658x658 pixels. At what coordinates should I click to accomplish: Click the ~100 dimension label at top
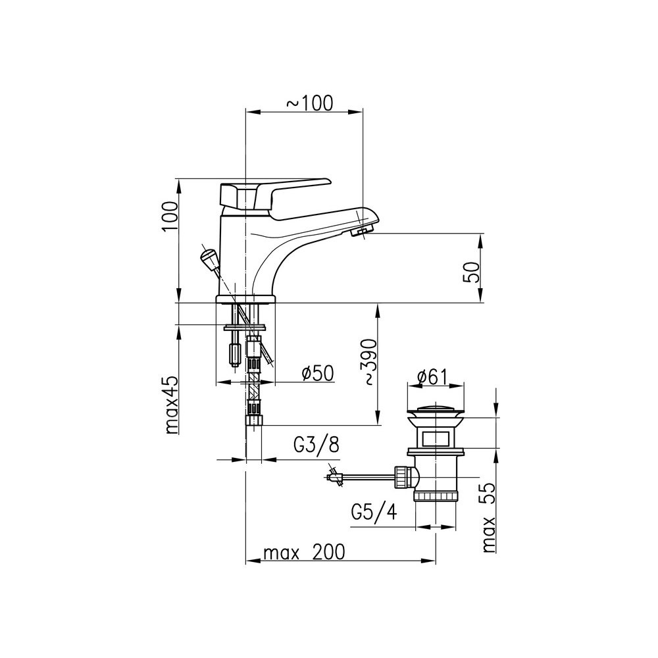click(x=310, y=103)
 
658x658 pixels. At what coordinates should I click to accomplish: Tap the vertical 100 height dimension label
click(x=170, y=216)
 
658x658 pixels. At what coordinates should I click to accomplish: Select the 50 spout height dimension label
click(x=471, y=272)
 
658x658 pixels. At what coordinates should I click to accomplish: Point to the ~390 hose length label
click(x=369, y=362)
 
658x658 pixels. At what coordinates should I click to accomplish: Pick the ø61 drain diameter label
click(x=433, y=376)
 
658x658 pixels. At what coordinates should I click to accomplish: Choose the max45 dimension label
click(x=172, y=405)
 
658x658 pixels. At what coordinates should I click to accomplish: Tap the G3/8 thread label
click(x=316, y=445)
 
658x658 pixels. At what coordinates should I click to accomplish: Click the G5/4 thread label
click(x=374, y=512)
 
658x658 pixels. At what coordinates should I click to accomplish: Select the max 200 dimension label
click(x=304, y=552)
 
